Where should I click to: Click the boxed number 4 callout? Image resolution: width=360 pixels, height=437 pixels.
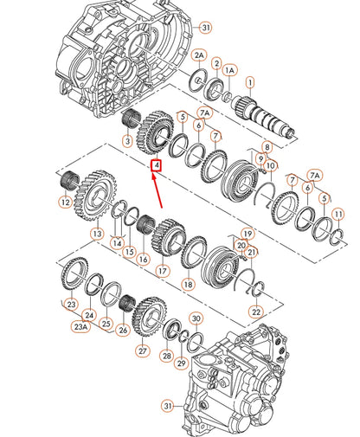(156, 164)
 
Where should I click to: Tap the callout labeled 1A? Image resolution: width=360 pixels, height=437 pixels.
(229, 71)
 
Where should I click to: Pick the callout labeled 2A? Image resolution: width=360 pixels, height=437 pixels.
(198, 55)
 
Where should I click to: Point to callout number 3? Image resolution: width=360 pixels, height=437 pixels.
(127, 141)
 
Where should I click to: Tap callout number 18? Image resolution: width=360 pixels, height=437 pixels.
(188, 284)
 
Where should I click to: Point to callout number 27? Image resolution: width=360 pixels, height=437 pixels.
(140, 350)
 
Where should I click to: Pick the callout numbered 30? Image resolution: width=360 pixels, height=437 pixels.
(196, 318)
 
